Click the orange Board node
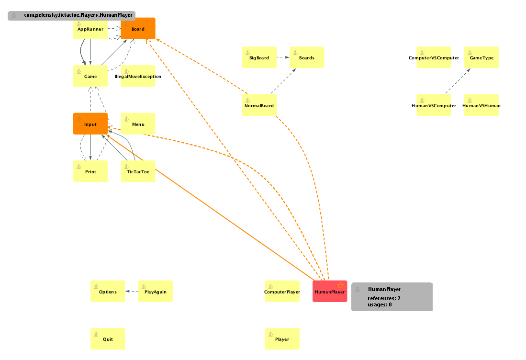point(138,28)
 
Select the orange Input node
point(90,124)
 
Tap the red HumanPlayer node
point(330,291)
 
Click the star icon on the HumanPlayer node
point(340,286)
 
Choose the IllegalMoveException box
point(138,76)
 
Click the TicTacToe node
point(138,171)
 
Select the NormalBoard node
point(259,105)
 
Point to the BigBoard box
point(259,57)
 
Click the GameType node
point(481,57)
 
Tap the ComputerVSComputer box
point(434,57)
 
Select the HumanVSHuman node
point(481,105)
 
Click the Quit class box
point(108,338)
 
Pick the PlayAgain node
point(155,291)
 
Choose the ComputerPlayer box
point(282,291)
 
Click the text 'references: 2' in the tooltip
point(384,298)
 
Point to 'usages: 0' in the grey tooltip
point(380,304)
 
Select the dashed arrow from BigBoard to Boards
point(283,57)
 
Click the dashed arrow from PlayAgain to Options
point(132,291)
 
